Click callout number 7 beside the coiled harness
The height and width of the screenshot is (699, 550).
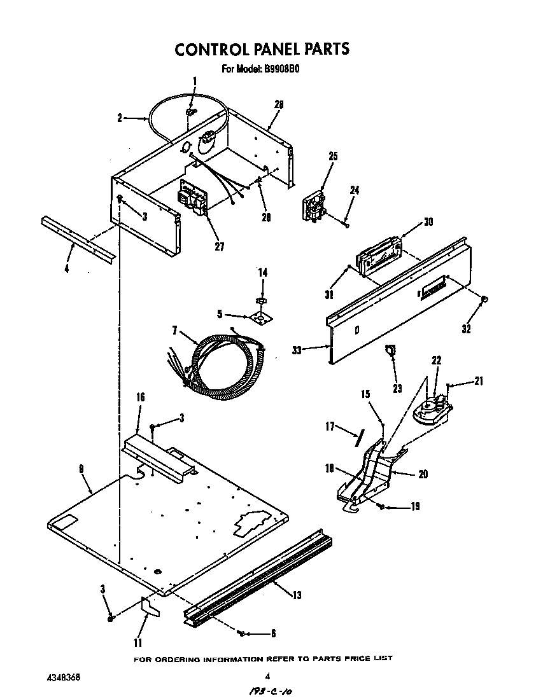[x=174, y=329]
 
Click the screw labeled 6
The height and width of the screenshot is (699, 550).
[x=241, y=633]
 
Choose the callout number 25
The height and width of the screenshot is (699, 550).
[x=333, y=156]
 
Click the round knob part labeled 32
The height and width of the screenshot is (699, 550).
[x=484, y=299]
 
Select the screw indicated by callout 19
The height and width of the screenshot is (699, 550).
[x=380, y=506]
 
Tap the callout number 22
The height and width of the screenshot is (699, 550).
[x=436, y=360]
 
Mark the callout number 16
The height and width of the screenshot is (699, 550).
[x=141, y=397]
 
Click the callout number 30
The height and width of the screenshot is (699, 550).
[x=428, y=222]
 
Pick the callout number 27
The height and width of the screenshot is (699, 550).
[x=219, y=247]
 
